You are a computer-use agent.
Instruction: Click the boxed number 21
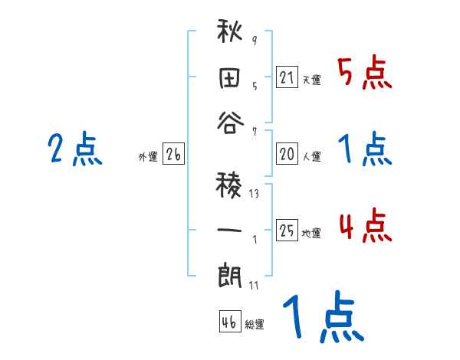(287, 77)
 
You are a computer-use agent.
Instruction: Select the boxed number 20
(287, 154)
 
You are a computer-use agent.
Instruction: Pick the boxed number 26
(173, 155)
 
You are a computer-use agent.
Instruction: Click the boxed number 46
(229, 322)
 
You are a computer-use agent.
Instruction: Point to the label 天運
(311, 80)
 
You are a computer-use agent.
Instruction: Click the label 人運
(311, 156)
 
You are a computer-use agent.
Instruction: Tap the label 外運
(148, 157)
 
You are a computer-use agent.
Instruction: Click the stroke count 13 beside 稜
(254, 194)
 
